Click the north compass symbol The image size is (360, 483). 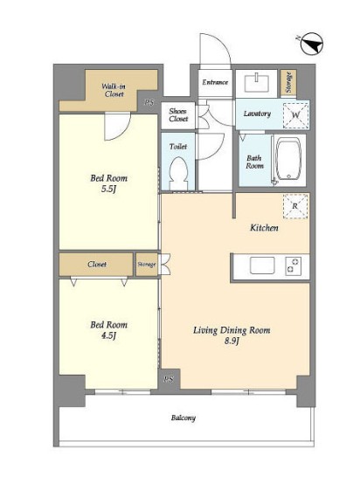tap(311, 44)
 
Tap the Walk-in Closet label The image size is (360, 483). tap(114, 90)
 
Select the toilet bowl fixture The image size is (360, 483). tap(178, 173)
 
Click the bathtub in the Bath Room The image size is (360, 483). tap(288, 158)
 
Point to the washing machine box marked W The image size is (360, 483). tap(295, 115)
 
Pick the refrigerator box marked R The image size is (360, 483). tap(295, 206)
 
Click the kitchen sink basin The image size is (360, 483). tap(262, 266)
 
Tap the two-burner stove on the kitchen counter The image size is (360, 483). tap(293, 266)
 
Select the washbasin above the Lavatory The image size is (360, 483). tap(256, 82)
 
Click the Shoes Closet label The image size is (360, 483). tap(178, 114)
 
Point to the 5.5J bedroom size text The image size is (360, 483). tap(108, 189)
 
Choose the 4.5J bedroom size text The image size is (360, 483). tap(108, 335)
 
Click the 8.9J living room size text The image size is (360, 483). tap(232, 341)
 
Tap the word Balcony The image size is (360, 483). tap(183, 418)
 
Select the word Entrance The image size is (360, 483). tap(215, 82)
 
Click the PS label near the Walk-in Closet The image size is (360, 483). tap(149, 102)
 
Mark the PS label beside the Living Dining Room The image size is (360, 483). tap(169, 379)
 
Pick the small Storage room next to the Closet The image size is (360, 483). tap(147, 265)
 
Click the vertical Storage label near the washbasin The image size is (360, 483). tap(288, 82)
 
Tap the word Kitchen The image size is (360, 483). tap(264, 228)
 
